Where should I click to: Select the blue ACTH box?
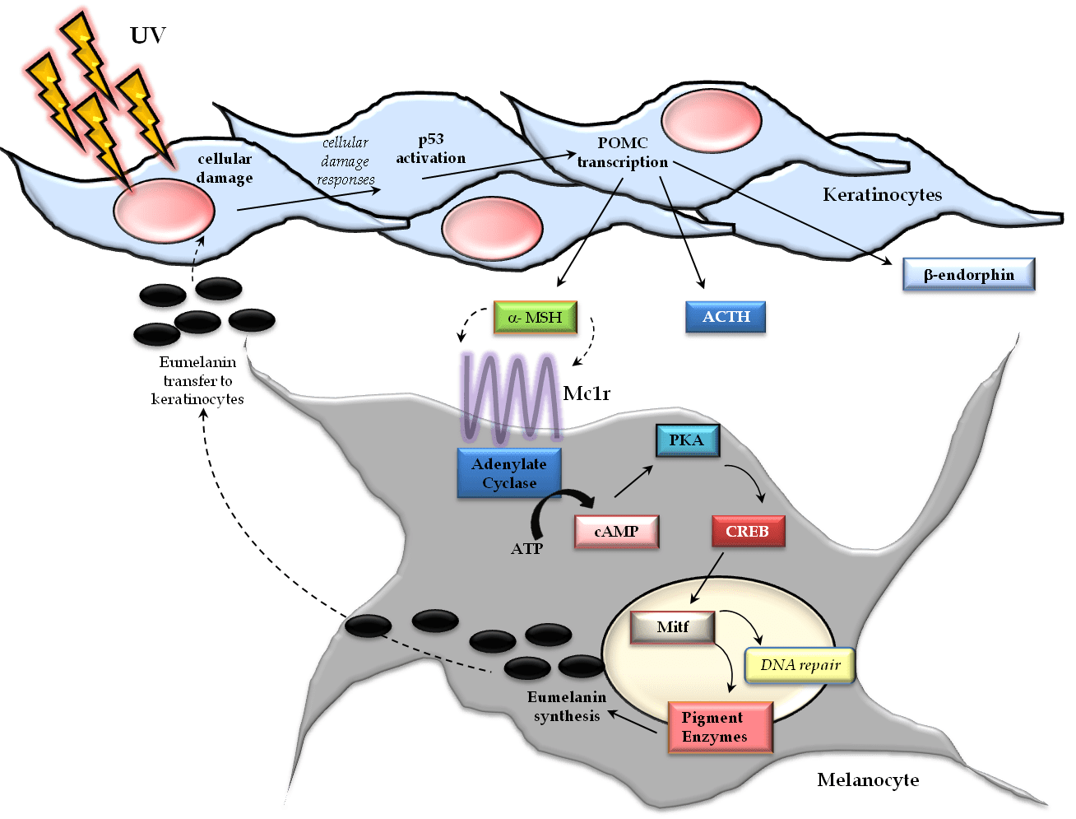click(726, 317)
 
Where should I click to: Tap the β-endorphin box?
click(968, 275)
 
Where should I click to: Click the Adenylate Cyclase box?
click(508, 473)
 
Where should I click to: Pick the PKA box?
click(687, 440)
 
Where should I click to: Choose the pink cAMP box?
click(616, 531)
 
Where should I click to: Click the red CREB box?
click(747, 531)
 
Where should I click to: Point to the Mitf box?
click(672, 627)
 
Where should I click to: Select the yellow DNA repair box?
click(800, 664)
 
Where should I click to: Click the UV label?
click(149, 35)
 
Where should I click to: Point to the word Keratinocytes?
click(882, 195)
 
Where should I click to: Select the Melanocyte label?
click(868, 779)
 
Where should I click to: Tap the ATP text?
click(526, 548)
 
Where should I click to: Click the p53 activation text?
click(430, 149)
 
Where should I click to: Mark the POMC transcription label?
click(623, 152)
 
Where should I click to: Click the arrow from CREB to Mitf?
click(707, 578)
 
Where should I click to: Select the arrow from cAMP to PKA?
click(633, 482)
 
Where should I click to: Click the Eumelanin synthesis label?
click(566, 706)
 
